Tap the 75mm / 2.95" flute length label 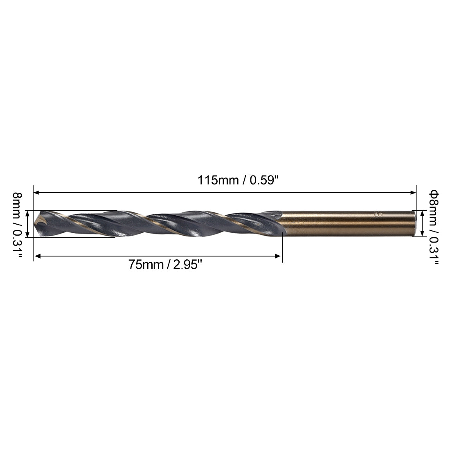point(166,265)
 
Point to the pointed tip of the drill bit point(37,224)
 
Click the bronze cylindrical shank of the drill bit point(348,223)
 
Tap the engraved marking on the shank point(377,214)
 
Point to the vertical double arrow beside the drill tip point(27,223)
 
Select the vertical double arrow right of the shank point(422,223)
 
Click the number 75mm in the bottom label point(144,265)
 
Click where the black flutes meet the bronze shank point(282,223)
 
